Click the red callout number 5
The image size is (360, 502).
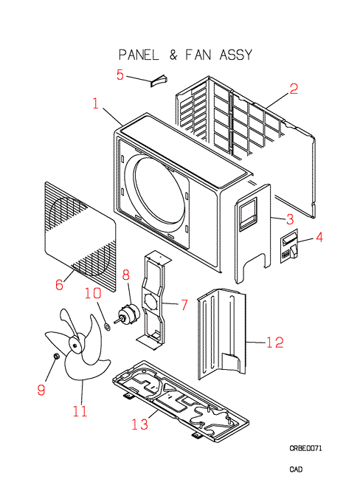click(120, 75)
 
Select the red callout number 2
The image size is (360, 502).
click(294, 89)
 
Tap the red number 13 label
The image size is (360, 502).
click(140, 424)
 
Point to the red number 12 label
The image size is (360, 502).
click(275, 343)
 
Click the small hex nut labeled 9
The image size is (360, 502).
click(56, 356)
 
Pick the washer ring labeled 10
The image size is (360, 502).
click(108, 327)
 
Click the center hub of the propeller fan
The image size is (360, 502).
click(75, 345)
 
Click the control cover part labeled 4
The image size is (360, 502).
click(290, 246)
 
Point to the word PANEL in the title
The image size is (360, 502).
click(138, 55)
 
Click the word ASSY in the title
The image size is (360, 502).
click(236, 55)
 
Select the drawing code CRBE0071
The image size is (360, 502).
click(305, 448)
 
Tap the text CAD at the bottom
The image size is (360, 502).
click(296, 470)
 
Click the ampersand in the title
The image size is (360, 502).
click(173, 55)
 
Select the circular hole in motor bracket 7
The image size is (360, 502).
click(149, 302)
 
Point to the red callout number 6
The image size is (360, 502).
click(59, 284)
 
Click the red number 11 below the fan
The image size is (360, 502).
click(80, 411)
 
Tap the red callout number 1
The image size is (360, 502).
click(96, 103)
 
